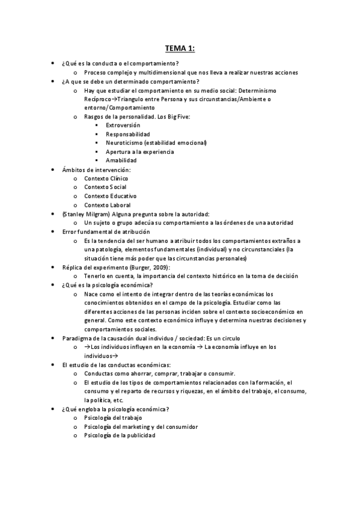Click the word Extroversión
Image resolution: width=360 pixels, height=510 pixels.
123,125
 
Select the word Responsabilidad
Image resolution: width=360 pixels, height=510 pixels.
128,134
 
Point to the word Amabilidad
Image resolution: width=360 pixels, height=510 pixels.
121,161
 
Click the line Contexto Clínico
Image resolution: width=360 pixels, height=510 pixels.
106,179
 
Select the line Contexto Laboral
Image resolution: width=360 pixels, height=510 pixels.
106,205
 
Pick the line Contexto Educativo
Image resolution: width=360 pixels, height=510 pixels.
110,196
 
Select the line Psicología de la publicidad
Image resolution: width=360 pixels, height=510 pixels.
120,435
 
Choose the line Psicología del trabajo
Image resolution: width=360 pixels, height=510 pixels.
113,417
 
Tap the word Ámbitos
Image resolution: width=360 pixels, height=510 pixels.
75,170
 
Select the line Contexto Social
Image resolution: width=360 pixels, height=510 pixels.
105,188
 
